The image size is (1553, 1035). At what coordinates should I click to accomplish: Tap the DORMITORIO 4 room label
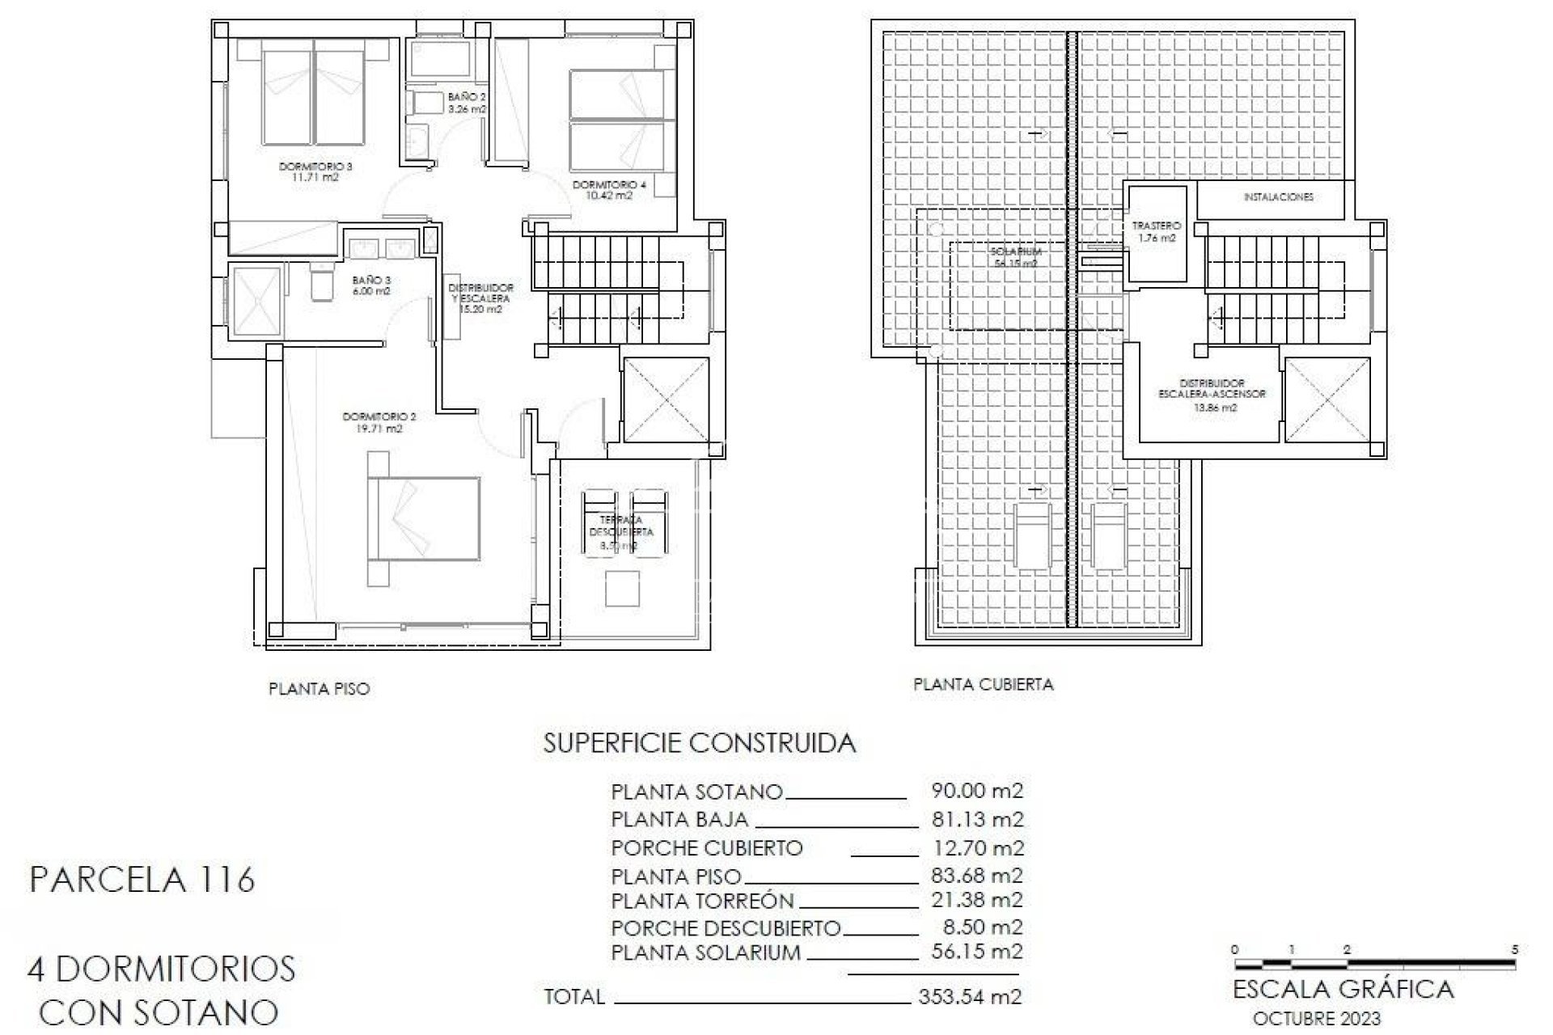point(609,190)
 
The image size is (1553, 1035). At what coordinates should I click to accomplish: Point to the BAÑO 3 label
point(371,285)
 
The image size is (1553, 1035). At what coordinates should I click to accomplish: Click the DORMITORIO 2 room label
point(379,423)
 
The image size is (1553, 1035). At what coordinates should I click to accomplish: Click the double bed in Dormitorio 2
point(424,517)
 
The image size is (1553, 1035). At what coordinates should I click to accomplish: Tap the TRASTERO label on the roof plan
point(1156,231)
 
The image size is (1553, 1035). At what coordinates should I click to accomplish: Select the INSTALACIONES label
point(1278,197)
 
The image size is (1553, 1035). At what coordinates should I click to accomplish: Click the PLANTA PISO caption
point(319,689)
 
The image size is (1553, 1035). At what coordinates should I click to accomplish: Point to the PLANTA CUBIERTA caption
point(983,684)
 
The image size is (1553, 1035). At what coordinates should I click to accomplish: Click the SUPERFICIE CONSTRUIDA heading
point(699,743)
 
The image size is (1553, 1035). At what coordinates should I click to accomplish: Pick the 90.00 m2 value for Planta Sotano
point(977,790)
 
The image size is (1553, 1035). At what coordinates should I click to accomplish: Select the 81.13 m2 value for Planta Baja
point(977,819)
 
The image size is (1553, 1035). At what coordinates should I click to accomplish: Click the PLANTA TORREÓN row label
point(702,900)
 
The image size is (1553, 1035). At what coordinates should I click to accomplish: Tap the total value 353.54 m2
point(970,996)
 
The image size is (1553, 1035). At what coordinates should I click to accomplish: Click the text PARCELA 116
point(142,879)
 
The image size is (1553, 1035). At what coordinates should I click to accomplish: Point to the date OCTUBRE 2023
point(1316,1019)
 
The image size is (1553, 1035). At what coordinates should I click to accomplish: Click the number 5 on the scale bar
point(1514,949)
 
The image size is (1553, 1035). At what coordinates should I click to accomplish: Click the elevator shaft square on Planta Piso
point(665,399)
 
